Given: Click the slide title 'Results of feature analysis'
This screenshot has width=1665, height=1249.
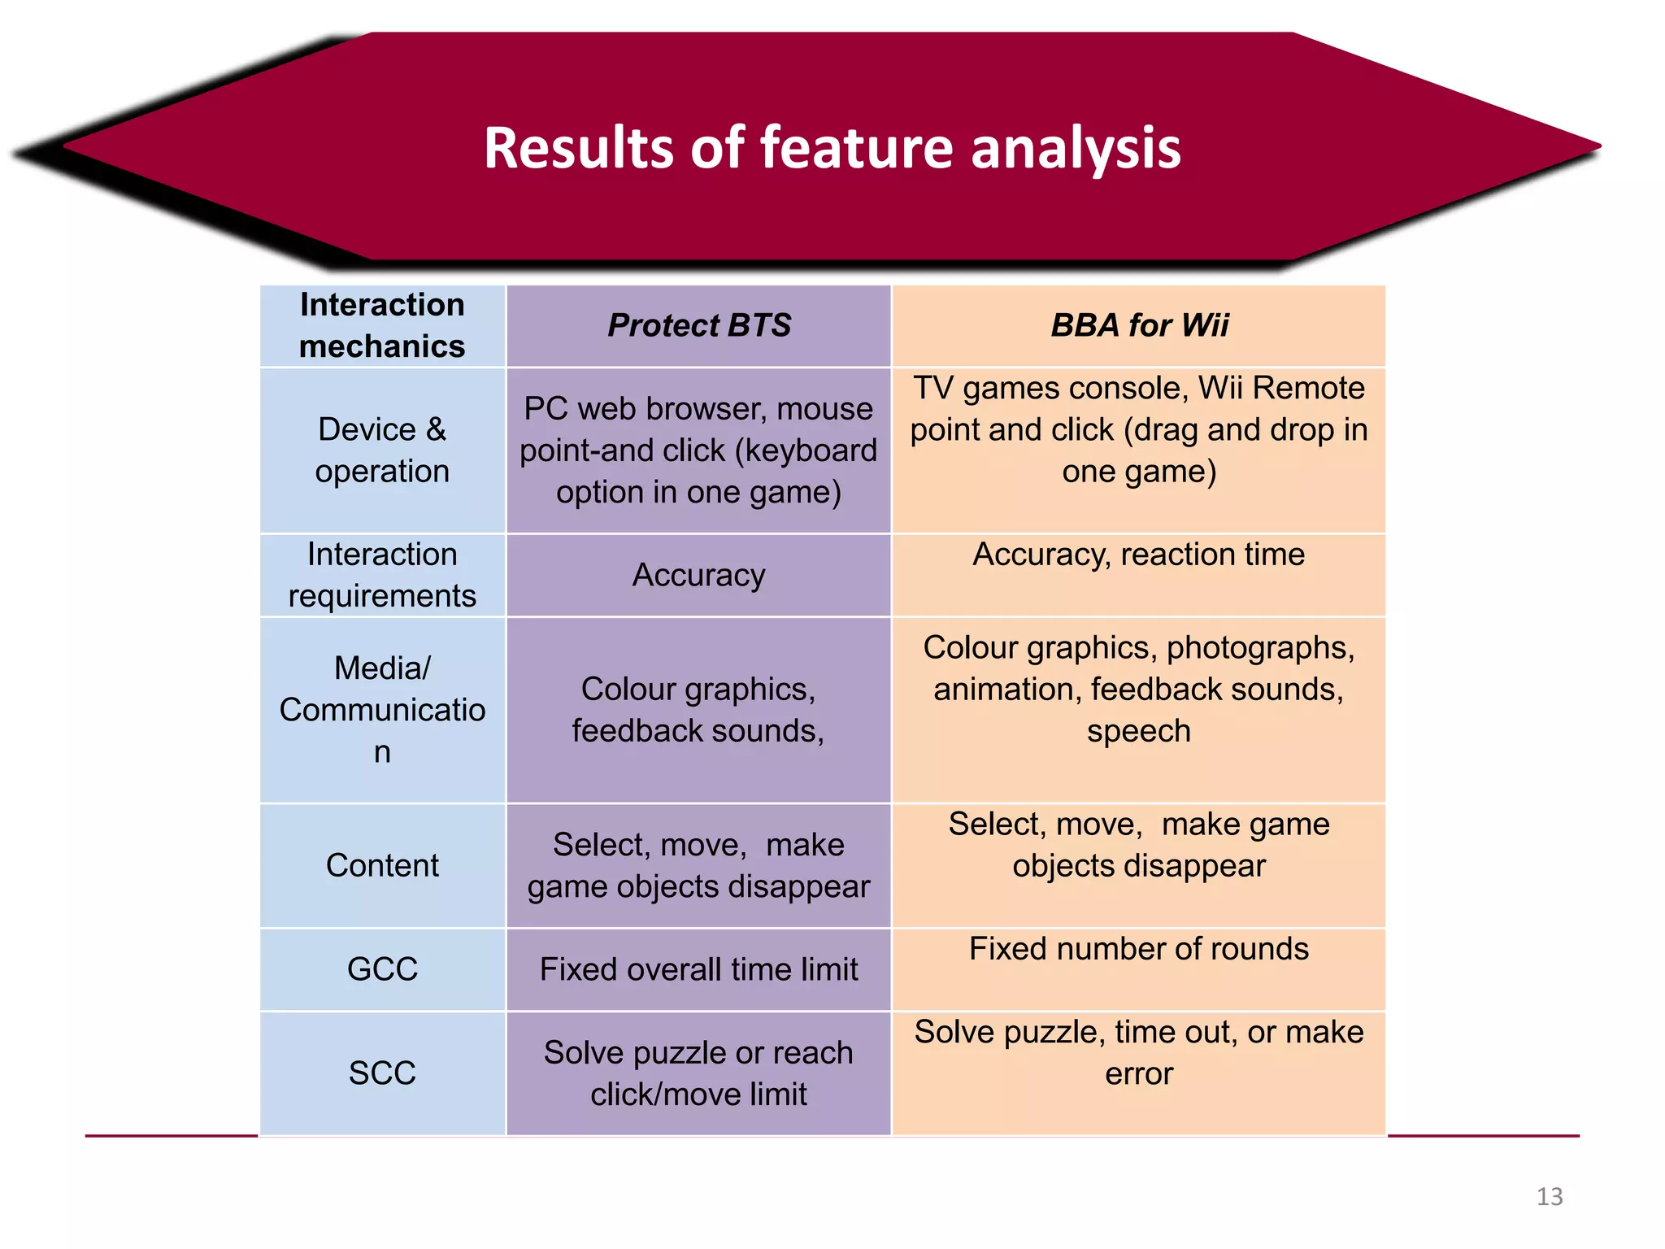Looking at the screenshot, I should tap(832, 148).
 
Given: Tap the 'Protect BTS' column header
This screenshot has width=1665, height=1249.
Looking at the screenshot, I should tap(698, 325).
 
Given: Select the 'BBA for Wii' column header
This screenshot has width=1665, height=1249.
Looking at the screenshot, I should tap(1139, 325).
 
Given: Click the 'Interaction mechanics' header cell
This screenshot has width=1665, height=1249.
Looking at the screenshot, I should tap(382, 325).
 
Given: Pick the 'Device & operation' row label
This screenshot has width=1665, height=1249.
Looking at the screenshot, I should tap(382, 450).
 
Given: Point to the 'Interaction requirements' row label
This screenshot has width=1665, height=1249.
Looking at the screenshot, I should tap(382, 575).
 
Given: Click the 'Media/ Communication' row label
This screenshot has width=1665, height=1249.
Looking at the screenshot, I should tap(382, 710).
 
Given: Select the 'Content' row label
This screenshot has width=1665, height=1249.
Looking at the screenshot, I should tap(382, 865).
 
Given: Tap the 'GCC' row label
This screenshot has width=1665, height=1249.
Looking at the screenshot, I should tap(382, 969).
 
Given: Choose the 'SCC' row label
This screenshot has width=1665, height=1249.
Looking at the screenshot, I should tap(382, 1073).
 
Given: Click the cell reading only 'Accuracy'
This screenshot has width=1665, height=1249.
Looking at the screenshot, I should tap(698, 575).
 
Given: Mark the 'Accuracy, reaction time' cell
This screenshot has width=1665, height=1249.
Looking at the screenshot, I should tap(1138, 555).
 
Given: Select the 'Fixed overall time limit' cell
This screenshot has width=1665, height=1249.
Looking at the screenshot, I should tap(698, 969).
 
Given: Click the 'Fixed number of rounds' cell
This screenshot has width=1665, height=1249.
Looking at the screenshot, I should tap(1138, 949).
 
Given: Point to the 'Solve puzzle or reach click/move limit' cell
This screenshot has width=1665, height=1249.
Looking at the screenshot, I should tap(698, 1073).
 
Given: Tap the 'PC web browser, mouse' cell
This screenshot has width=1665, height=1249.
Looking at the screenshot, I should tap(698, 450).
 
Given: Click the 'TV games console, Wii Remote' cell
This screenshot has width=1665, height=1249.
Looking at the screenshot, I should tap(1138, 429).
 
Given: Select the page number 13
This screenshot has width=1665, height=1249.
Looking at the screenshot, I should tap(1550, 1197).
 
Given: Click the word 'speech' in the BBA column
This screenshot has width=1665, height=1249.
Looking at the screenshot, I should tap(1138, 731).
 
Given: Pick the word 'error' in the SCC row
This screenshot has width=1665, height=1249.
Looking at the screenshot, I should tap(1138, 1074).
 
